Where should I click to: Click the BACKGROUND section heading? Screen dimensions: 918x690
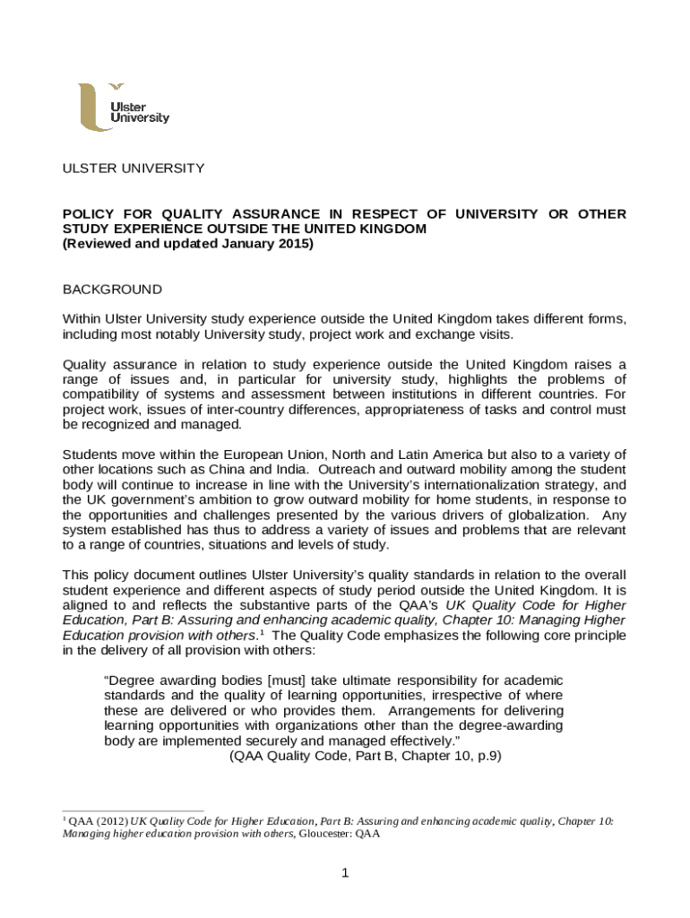111,290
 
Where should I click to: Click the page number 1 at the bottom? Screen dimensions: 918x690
343,874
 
